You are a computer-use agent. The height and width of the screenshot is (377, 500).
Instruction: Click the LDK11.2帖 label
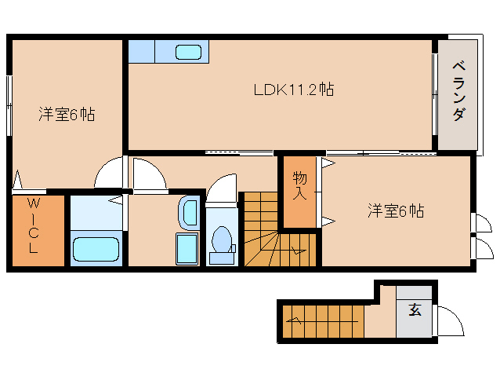tap(293, 90)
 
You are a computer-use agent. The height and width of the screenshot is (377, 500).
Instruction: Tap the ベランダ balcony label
tap(458, 91)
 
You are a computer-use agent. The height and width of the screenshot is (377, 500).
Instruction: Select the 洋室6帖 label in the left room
tap(67, 115)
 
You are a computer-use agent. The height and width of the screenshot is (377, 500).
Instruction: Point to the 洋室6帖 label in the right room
tap(397, 210)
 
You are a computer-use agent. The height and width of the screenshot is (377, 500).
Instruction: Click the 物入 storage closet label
tap(299, 185)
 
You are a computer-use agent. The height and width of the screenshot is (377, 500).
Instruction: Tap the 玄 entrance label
tap(415, 309)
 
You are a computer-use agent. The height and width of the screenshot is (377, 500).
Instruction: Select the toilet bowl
tap(221, 238)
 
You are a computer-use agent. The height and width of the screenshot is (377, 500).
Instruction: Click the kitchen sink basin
tap(188, 53)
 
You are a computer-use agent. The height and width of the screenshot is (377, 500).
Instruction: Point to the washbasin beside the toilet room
tap(190, 213)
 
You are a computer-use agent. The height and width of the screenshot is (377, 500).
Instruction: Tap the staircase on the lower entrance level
tap(321, 320)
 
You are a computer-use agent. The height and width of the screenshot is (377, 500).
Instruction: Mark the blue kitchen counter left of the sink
tap(142, 52)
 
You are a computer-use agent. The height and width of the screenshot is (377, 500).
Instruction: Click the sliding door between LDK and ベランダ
tap(435, 94)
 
